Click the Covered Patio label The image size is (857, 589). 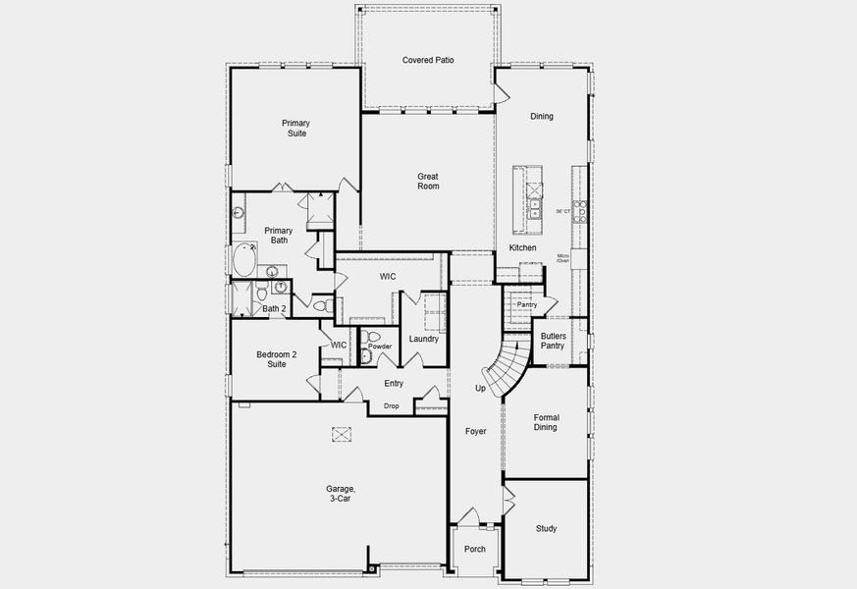point(428,61)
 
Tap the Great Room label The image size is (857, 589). point(428,182)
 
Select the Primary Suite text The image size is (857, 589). point(295,128)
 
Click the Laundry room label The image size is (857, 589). point(424,339)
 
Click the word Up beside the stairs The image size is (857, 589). point(480,389)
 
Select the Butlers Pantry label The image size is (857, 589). point(553,341)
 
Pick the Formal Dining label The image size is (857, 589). point(545,421)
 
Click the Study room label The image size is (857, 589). point(546,529)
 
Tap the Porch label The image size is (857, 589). point(474,550)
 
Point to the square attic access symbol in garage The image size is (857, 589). point(342,435)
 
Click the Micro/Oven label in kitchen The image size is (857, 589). point(563,258)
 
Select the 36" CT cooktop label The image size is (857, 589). point(562,211)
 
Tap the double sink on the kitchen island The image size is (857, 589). point(535,210)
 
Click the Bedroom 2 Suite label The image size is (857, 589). point(271,358)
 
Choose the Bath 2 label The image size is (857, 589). point(274,309)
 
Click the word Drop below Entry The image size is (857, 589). point(391,405)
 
